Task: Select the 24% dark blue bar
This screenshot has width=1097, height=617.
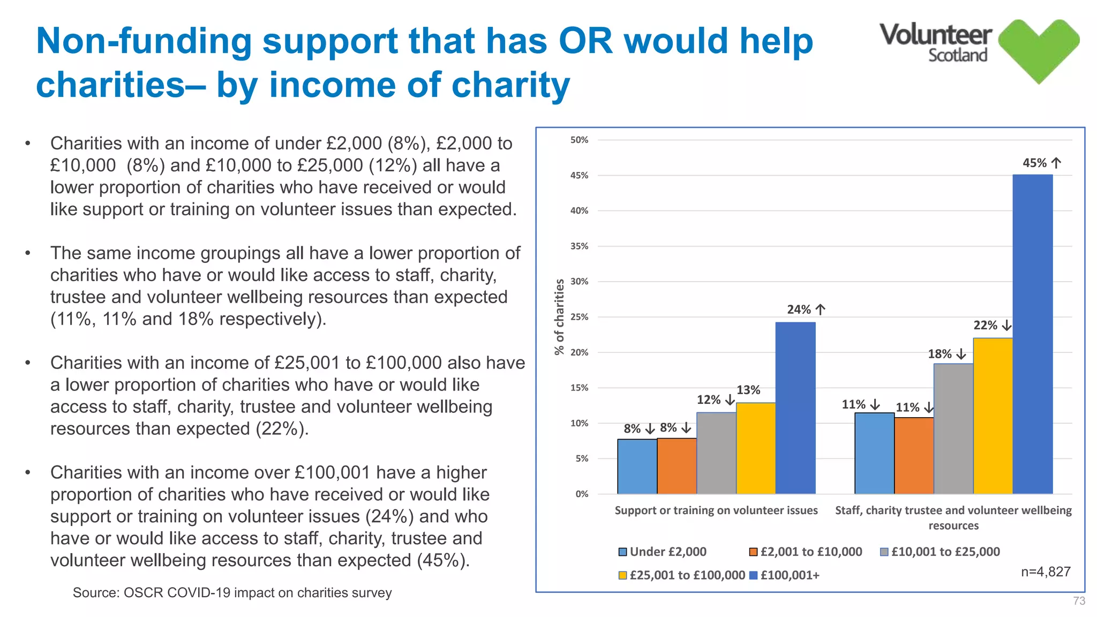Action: click(x=795, y=408)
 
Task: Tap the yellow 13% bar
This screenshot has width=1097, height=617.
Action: click(x=756, y=448)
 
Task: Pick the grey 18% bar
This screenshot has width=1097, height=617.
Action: click(x=953, y=428)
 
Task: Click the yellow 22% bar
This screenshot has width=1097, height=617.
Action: click(x=993, y=416)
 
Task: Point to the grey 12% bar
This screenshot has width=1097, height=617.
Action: click(x=716, y=453)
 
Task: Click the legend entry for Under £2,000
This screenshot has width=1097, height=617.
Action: click(x=662, y=552)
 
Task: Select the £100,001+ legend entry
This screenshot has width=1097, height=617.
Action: click(x=784, y=575)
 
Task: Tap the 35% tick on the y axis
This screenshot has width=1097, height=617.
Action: click(x=579, y=246)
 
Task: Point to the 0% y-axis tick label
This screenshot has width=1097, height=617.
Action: click(x=582, y=494)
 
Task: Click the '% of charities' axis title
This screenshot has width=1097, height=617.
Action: click(x=559, y=317)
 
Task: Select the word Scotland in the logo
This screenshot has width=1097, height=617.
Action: click(x=957, y=55)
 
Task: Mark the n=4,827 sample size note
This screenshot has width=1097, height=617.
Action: click(x=1045, y=571)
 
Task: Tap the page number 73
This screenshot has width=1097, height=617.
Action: click(x=1079, y=601)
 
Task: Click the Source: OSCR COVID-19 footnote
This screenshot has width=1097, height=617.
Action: click(x=232, y=592)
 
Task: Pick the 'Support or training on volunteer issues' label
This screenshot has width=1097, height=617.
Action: click(x=716, y=510)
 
